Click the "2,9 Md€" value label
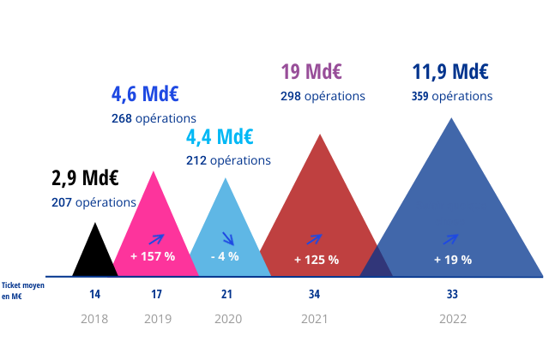[85, 178]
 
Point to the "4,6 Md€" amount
[144, 93]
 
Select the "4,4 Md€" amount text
[220, 136]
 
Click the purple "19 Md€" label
[312, 71]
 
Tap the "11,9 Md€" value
[450, 71]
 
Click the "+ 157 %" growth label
[153, 256]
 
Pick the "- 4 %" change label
[225, 256]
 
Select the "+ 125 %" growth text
[317, 260]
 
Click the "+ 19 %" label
[453, 260]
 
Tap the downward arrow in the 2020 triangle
[228, 238]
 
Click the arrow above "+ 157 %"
[157, 239]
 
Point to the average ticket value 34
[315, 295]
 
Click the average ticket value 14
[95, 295]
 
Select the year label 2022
[453, 320]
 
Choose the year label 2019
[157, 320]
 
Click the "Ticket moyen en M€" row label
[22, 291]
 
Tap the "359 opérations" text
[452, 96]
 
